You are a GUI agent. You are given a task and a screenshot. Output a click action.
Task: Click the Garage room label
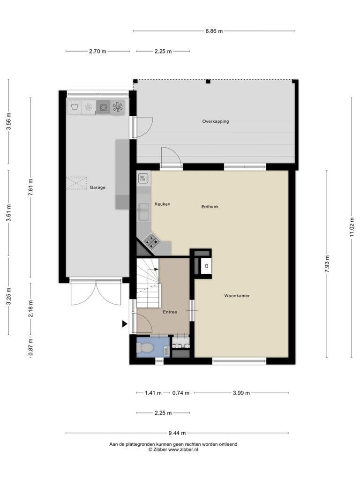[x=97, y=187]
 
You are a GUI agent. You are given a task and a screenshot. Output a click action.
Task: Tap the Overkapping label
[x=216, y=121]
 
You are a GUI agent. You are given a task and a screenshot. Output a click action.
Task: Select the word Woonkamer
[x=237, y=296]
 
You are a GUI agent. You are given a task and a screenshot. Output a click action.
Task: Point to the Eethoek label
[x=210, y=207]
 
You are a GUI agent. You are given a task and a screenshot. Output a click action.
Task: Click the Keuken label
[x=162, y=204]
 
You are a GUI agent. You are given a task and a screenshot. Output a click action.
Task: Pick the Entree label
[x=170, y=312]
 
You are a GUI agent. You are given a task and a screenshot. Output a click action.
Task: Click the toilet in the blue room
[x=144, y=347]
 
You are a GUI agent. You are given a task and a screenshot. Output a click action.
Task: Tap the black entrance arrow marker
[x=124, y=323]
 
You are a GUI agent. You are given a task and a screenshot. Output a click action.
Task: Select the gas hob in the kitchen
[x=151, y=240]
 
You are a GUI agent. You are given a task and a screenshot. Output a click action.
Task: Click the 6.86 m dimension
[x=214, y=31]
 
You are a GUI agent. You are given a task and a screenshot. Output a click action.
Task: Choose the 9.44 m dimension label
[x=177, y=433]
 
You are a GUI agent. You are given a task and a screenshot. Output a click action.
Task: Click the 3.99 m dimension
[x=241, y=393]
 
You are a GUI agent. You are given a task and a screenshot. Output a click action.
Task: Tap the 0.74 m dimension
[x=180, y=393]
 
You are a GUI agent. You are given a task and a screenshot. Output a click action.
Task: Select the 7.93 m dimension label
[x=327, y=263]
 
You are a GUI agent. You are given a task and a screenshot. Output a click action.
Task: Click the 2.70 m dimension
[x=97, y=52]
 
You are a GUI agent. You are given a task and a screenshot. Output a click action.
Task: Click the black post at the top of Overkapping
[x=208, y=81]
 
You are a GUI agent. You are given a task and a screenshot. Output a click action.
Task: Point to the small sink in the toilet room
[x=166, y=351]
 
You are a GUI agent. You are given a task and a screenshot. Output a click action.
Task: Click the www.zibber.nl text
[x=183, y=450]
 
